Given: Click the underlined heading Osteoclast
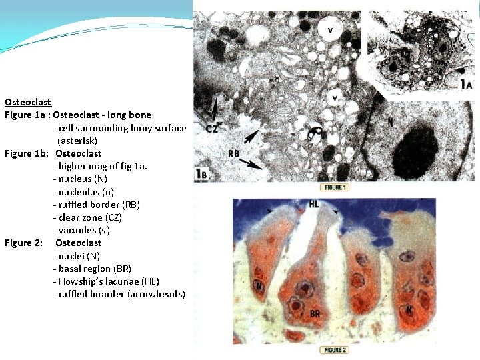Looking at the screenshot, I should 28,102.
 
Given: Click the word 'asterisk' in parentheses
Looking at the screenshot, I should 77,141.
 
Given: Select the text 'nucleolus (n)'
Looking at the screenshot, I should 85,191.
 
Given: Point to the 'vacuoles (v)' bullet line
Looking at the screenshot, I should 81,230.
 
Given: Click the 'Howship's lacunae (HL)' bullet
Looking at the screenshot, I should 106,281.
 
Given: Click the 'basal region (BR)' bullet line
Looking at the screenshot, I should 92,269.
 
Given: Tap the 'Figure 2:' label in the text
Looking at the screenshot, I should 24,243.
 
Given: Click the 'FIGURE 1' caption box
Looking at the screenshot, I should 334,187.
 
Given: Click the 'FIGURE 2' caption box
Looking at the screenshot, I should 334,350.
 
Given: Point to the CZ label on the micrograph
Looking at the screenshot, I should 213,129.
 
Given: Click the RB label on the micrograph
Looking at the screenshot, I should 234,153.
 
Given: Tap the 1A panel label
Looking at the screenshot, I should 466,85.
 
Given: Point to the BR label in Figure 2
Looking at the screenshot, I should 316,313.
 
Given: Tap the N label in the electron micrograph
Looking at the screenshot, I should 390,122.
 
